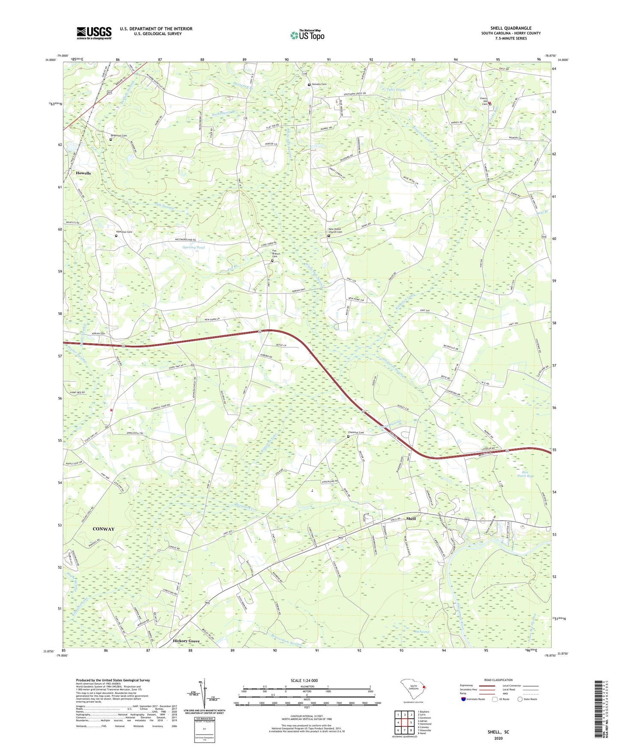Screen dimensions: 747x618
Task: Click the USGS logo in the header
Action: coord(94,33)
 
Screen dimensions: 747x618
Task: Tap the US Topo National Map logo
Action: coord(308,35)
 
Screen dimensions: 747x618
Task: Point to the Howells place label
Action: coord(83,173)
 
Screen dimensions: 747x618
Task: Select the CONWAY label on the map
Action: coord(103,529)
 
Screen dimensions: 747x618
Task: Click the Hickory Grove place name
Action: coord(186,641)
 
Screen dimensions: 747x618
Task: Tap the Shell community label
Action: coord(411,519)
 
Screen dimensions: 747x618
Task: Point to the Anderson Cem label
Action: coord(119,136)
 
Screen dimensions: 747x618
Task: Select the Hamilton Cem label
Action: coord(124,232)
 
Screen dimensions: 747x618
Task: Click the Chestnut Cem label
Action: coord(356,433)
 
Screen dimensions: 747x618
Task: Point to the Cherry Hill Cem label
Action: coord(485,101)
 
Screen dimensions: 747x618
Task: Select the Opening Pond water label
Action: coord(194,247)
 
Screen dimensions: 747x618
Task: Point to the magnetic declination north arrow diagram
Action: coord(204,693)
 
